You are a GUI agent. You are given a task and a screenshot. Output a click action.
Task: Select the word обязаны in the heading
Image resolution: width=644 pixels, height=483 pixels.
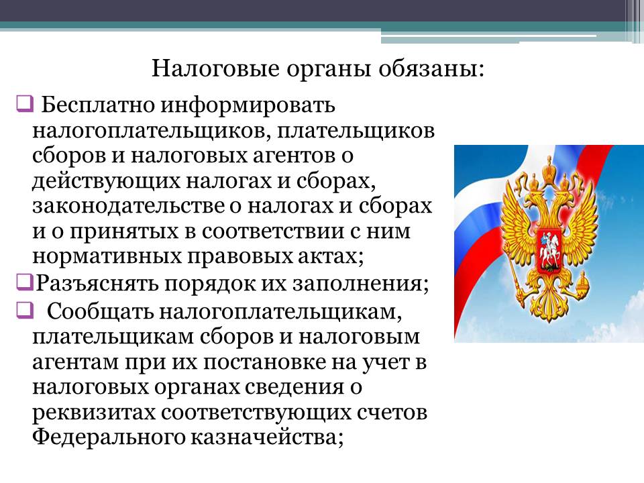coord(431,68)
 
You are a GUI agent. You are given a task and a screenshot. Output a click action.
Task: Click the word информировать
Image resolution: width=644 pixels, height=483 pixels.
coord(248,105)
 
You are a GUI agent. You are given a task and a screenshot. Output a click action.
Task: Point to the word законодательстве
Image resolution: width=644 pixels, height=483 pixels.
coord(129,206)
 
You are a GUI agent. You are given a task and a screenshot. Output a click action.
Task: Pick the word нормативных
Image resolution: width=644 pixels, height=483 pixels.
coord(107,257)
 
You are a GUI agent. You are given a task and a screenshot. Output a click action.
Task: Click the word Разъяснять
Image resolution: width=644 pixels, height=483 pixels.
coord(97,283)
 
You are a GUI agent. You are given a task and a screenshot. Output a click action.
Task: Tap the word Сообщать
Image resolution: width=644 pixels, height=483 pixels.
coord(100,312)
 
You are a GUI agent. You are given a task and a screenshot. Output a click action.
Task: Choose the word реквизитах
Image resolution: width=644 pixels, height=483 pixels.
coord(94,413)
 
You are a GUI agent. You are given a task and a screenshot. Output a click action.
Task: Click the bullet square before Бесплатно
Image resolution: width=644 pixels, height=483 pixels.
coord(25,103)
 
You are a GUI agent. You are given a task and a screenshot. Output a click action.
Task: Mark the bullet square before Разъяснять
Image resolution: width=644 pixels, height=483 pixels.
coord(25,282)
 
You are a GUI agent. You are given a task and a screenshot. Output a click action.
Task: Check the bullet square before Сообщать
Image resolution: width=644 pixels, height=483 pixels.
coord(25,310)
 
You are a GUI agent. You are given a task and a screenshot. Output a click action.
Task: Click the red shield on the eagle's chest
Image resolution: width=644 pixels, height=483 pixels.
coord(549,250)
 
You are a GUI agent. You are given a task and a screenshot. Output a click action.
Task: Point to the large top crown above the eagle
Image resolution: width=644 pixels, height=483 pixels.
coord(549,168)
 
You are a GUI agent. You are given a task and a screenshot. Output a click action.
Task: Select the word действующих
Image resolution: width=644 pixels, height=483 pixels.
coord(106,181)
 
